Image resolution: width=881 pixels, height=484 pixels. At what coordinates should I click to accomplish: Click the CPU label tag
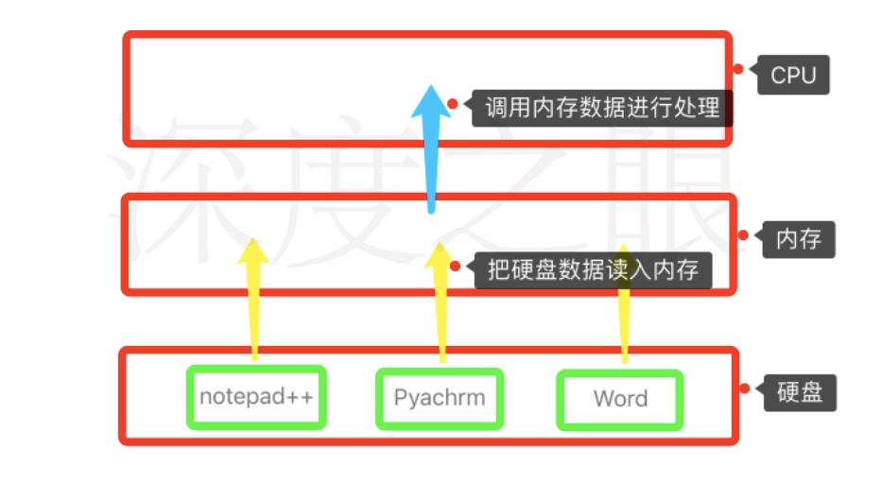click(793, 75)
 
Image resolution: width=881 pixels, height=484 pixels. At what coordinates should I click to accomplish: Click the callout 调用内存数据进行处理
click(603, 107)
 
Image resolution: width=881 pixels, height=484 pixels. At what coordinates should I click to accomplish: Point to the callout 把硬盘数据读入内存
click(594, 270)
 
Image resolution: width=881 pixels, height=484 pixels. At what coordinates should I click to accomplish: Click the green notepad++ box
click(256, 397)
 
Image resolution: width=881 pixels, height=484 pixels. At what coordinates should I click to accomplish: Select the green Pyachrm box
click(440, 398)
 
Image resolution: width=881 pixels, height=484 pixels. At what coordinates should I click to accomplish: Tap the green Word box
click(620, 399)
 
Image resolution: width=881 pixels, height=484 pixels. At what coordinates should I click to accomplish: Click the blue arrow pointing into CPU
click(431, 161)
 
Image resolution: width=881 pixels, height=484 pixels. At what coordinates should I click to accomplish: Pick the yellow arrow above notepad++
click(253, 302)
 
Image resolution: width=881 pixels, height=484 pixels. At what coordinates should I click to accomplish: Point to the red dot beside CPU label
click(738, 69)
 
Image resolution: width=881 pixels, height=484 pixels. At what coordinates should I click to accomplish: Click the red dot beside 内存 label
click(742, 235)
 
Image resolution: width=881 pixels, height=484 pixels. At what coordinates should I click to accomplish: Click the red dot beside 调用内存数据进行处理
click(453, 104)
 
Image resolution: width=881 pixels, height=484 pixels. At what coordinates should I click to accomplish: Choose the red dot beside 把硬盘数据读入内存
click(457, 267)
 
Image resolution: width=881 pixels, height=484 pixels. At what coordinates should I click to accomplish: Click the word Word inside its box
click(620, 399)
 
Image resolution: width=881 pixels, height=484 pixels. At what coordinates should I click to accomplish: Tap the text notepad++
click(256, 397)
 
